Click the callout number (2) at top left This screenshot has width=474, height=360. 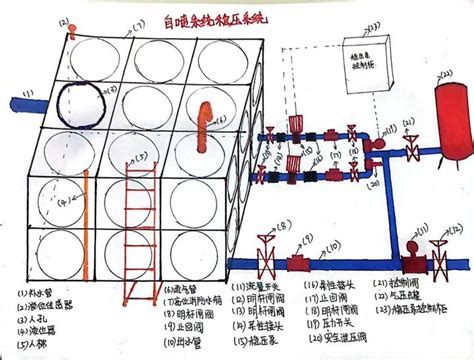[68, 22]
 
